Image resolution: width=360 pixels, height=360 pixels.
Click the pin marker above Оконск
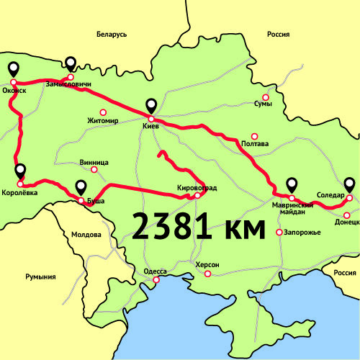13,69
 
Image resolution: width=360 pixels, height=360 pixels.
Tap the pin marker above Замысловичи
70,64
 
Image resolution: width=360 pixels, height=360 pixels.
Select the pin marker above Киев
151,106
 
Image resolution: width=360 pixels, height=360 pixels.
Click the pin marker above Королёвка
20,171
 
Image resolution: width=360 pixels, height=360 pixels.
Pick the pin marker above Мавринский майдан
292,184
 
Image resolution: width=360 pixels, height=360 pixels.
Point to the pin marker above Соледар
349,184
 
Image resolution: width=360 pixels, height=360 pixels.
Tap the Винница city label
95,162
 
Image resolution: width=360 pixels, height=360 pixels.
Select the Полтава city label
255,144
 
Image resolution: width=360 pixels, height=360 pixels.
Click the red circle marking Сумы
265,97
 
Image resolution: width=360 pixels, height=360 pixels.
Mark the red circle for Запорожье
279,232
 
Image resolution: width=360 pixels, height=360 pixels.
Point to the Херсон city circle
207,274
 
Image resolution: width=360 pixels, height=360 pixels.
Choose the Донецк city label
347,222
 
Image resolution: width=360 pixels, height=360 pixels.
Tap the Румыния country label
40,276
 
